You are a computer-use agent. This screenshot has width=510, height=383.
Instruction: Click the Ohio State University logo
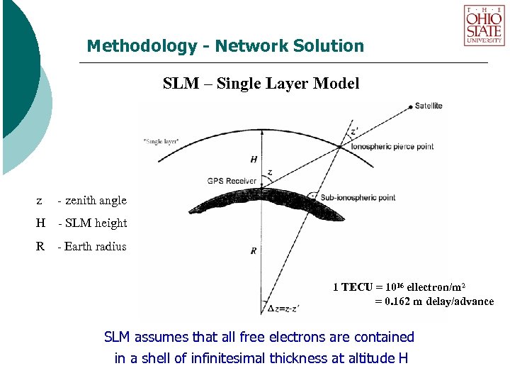484,26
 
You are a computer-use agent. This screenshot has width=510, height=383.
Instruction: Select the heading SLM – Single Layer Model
261,84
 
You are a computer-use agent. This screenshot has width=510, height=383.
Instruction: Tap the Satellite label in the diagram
429,106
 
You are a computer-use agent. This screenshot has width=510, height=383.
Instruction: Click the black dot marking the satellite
410,106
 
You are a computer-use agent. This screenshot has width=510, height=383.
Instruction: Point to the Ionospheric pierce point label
392,147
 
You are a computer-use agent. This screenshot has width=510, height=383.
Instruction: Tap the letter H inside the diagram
254,159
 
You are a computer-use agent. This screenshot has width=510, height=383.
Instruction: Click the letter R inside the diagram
253,250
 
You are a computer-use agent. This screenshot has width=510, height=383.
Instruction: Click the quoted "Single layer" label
161,142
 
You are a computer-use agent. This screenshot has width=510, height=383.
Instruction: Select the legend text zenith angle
96,200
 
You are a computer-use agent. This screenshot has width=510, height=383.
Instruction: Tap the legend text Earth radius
95,246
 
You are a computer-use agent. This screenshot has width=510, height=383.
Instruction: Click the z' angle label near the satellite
354,133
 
